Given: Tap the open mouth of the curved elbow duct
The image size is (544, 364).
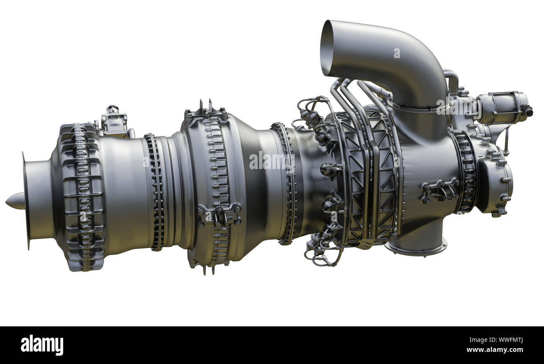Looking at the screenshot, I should (x=327, y=48).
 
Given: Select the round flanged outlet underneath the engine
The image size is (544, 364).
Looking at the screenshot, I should (x=416, y=247).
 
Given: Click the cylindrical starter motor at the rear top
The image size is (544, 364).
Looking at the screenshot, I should (x=502, y=108).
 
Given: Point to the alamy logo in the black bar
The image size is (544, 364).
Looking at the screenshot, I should (x=42, y=345).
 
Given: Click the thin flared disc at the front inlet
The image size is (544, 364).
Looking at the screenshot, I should (x=26, y=201).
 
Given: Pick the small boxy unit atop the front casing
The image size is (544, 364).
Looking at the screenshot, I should (x=114, y=121).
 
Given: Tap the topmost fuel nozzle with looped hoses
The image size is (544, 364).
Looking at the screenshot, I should (x=310, y=113).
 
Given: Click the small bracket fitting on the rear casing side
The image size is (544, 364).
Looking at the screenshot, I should (x=439, y=190).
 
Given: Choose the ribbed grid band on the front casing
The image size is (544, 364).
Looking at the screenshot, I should (x=82, y=197).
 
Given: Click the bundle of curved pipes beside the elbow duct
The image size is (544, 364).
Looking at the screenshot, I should (x=356, y=96).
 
